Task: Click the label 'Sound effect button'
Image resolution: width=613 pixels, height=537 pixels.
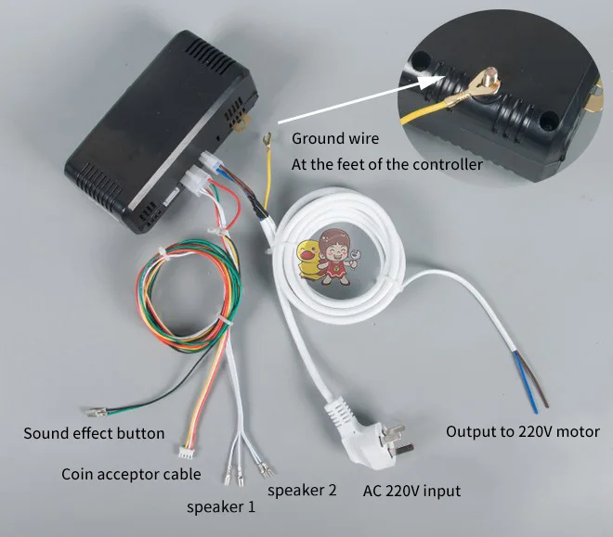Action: click(94, 433)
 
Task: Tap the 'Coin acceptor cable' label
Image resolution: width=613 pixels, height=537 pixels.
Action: click(131, 475)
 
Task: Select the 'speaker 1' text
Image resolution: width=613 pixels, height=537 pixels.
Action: click(221, 507)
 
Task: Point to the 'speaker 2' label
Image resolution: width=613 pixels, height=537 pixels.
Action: click(302, 490)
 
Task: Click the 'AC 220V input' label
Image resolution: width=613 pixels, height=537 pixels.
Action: click(411, 491)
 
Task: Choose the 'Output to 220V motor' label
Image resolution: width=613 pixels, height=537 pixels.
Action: click(523, 431)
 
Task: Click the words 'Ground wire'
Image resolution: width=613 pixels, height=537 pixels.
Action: click(335, 139)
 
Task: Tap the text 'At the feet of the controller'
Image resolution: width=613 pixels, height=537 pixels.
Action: click(387, 165)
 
